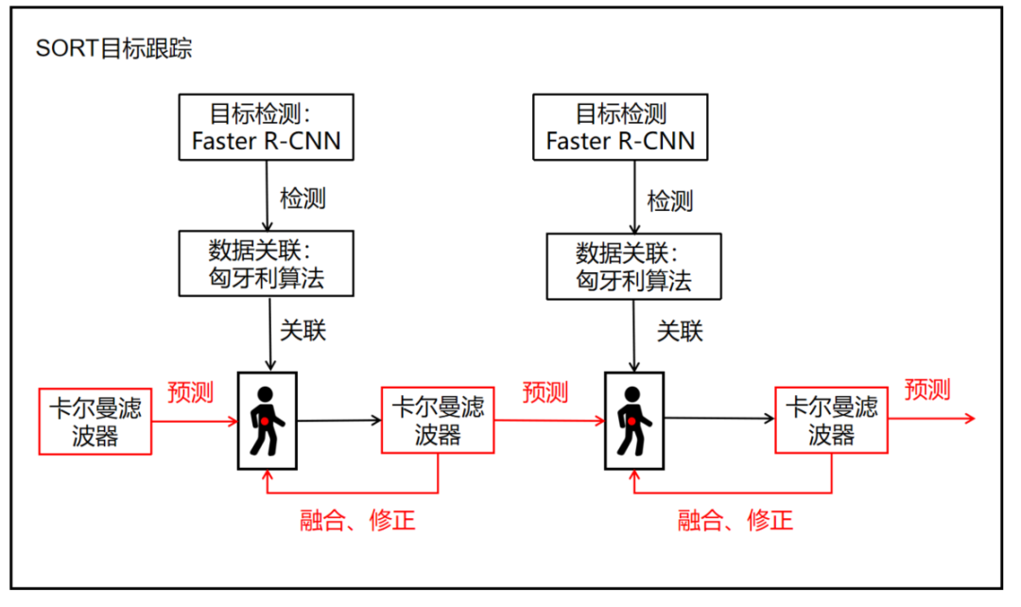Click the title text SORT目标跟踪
(113, 49)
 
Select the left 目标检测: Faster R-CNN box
(266, 128)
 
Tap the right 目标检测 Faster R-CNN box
(620, 128)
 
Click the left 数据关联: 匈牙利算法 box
(266, 266)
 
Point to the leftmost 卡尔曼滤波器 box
(95, 421)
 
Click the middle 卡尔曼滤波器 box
(438, 421)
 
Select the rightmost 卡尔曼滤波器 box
(832, 421)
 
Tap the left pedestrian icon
(267, 420)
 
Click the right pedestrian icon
(633, 420)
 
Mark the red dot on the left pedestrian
(266, 421)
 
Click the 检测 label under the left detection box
(303, 199)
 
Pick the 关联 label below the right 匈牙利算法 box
(681, 332)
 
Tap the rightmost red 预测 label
(926, 389)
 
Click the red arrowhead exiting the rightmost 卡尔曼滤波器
(968, 418)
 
